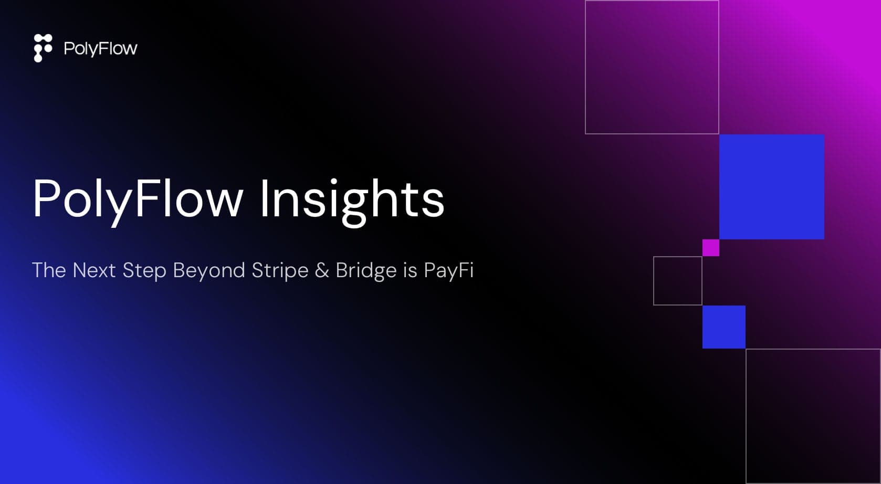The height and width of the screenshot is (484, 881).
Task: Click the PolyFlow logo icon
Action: point(43,48)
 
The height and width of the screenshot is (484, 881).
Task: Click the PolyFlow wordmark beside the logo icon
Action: point(101,49)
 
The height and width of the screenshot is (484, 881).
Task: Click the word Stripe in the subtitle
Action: point(280,270)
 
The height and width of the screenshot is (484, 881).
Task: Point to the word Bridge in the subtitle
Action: point(366,270)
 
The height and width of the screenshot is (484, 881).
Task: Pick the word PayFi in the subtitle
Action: point(449,270)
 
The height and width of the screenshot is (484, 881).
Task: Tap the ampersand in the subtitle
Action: point(322,270)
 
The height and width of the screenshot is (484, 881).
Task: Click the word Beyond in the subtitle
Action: point(209,270)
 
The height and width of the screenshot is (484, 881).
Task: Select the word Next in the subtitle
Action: point(94,270)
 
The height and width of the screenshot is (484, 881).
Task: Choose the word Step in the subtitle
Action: point(144,270)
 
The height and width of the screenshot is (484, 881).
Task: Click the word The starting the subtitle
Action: point(49,270)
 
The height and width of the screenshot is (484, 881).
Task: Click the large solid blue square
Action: point(772,187)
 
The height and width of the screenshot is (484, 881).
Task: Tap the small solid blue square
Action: point(723,327)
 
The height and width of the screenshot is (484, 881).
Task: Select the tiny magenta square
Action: point(711,248)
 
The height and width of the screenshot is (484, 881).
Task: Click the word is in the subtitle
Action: point(410,270)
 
